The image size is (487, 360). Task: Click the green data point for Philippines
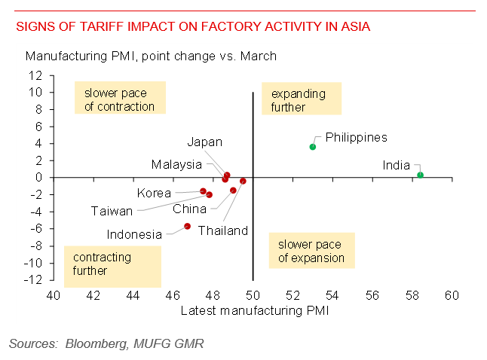coord(313,147)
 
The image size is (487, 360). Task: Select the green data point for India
coord(420,175)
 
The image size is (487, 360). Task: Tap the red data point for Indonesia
coord(188,226)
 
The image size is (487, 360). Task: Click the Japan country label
coord(205,142)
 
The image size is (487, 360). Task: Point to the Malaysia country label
coord(176,164)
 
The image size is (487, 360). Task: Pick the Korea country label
coord(155,193)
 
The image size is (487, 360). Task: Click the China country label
coord(190,209)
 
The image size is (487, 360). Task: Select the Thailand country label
coord(223,230)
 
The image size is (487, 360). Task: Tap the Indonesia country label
coord(134,234)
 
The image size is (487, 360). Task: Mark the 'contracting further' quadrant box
coord(112,264)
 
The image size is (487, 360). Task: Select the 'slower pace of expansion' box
coord(311,252)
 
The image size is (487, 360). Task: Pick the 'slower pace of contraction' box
coord(119,99)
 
